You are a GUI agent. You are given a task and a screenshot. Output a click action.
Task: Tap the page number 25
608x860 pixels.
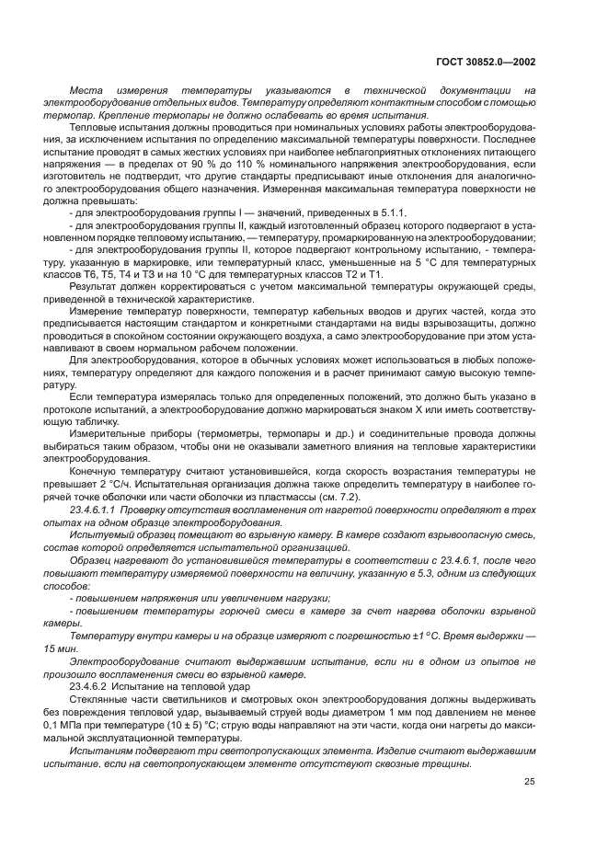coord(529,782)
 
